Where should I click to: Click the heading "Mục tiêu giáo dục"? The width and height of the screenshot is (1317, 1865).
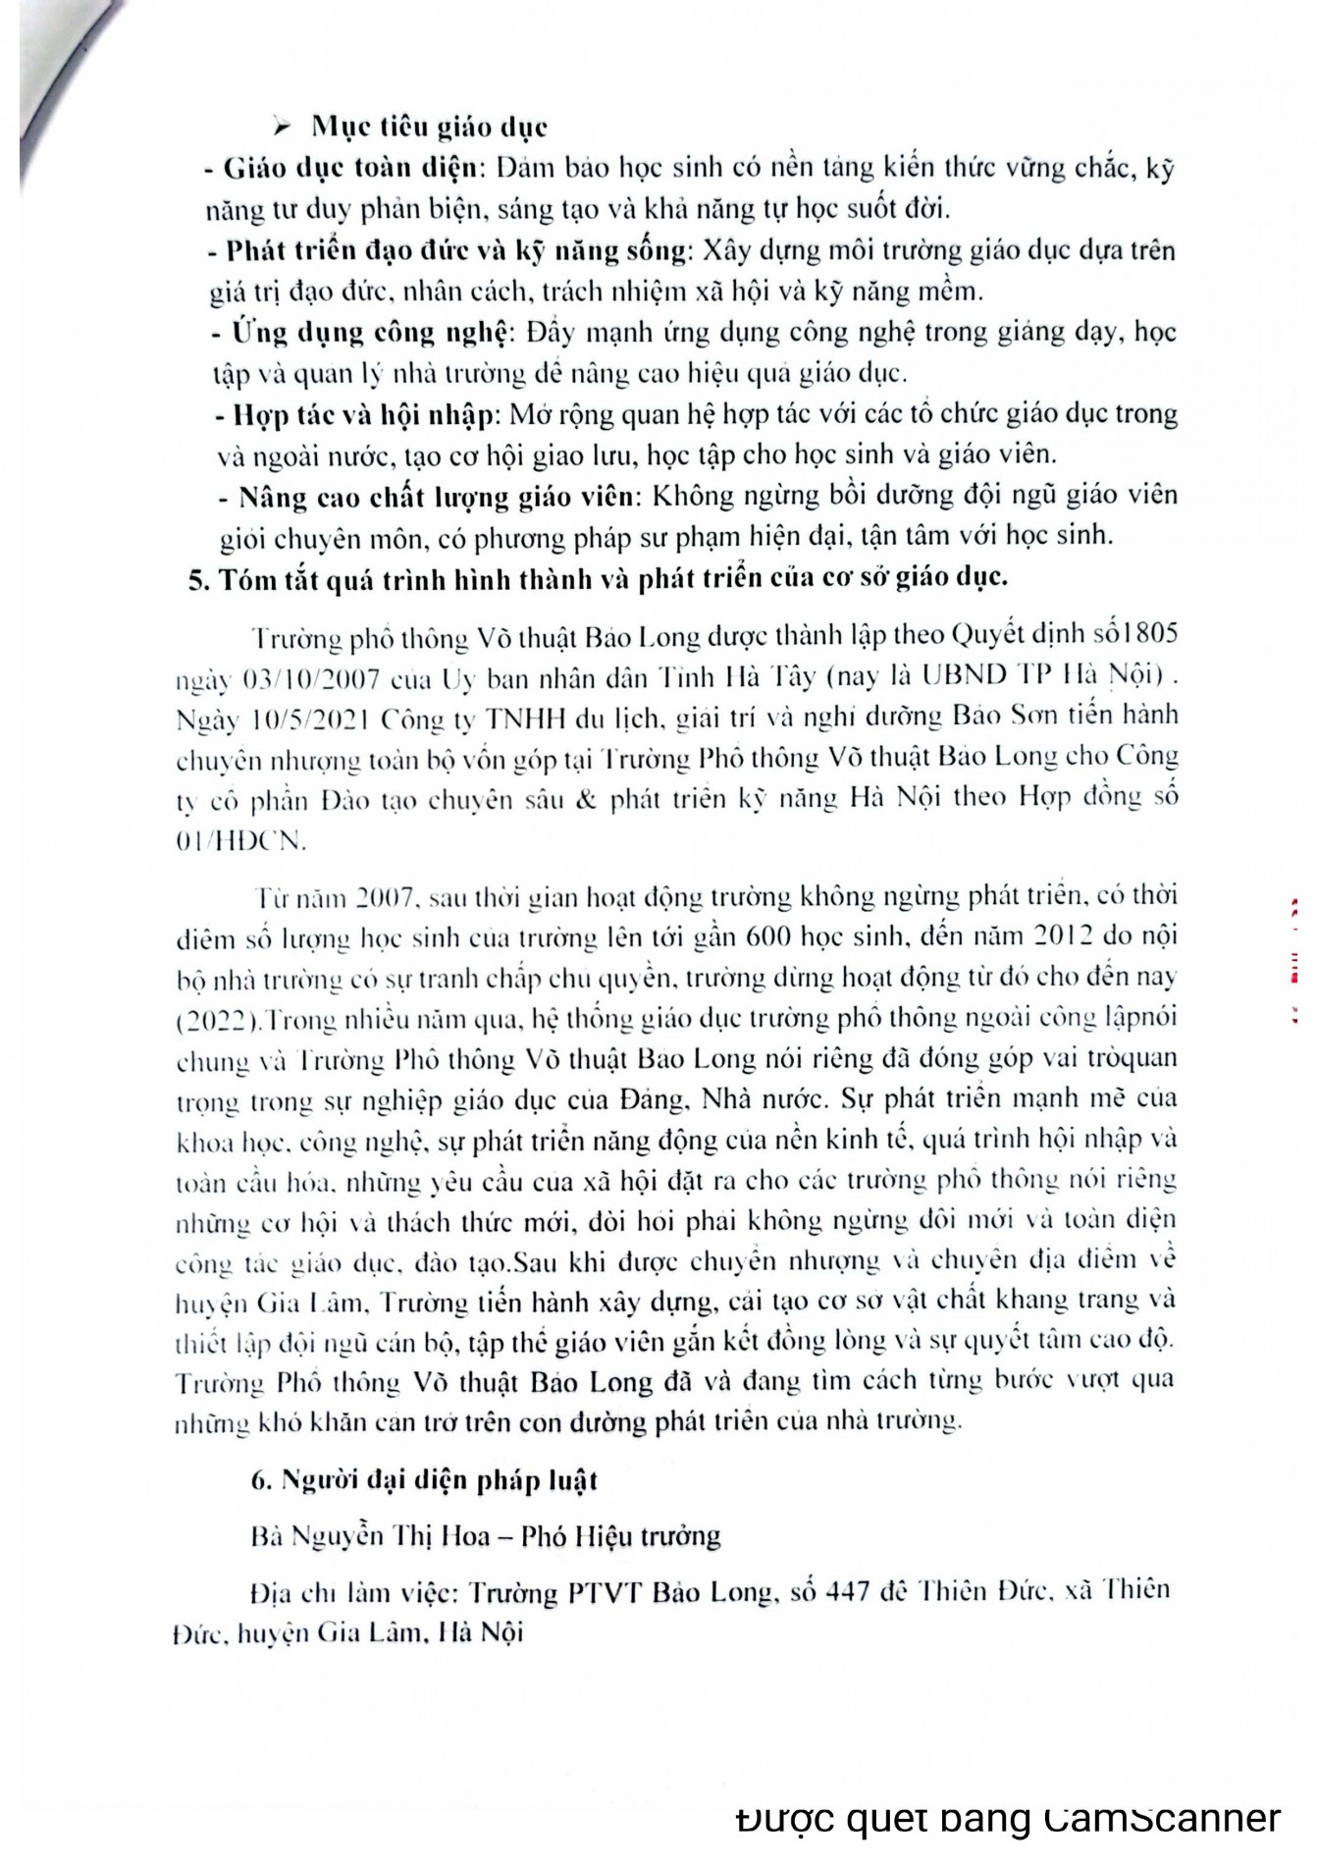coord(429,127)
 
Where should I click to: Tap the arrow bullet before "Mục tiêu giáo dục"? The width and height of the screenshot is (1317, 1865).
coord(284,127)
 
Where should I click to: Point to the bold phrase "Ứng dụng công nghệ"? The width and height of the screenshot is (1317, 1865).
coord(369,333)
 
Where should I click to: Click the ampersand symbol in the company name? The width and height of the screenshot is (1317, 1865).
coord(587,799)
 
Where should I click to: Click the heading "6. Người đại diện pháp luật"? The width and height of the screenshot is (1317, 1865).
coord(424,1480)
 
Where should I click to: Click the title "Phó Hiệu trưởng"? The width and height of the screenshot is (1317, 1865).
coord(621,1535)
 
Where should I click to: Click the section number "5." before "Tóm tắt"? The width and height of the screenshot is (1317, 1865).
coord(199,578)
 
